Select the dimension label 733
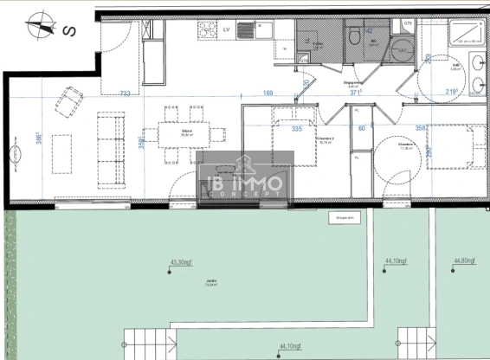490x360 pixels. point(126,93)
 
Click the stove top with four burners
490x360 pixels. point(208,30)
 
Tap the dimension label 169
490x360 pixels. point(268,93)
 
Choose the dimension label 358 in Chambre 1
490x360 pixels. point(421,129)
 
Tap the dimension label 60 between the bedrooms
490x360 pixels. point(362,129)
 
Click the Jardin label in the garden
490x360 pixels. point(211,282)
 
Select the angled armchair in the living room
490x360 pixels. point(70,102)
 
